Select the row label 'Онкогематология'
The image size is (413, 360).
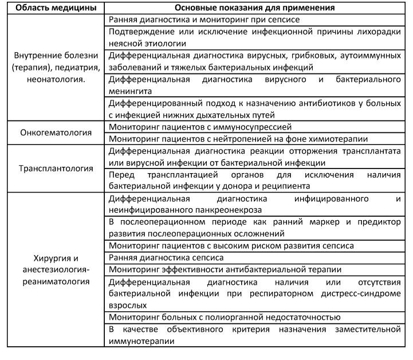[x=55, y=132]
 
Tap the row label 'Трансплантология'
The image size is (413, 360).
[x=55, y=169]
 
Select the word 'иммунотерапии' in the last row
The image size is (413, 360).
[x=141, y=340]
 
